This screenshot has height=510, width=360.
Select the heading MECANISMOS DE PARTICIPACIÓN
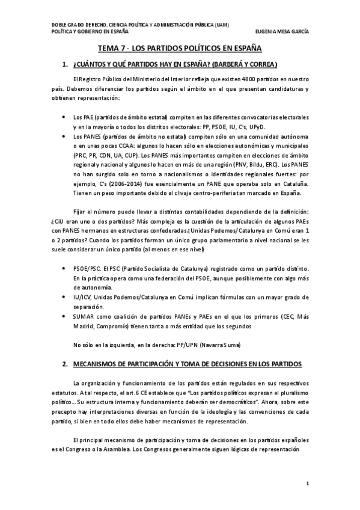tap(189, 364)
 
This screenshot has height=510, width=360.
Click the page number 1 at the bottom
tap(307, 483)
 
